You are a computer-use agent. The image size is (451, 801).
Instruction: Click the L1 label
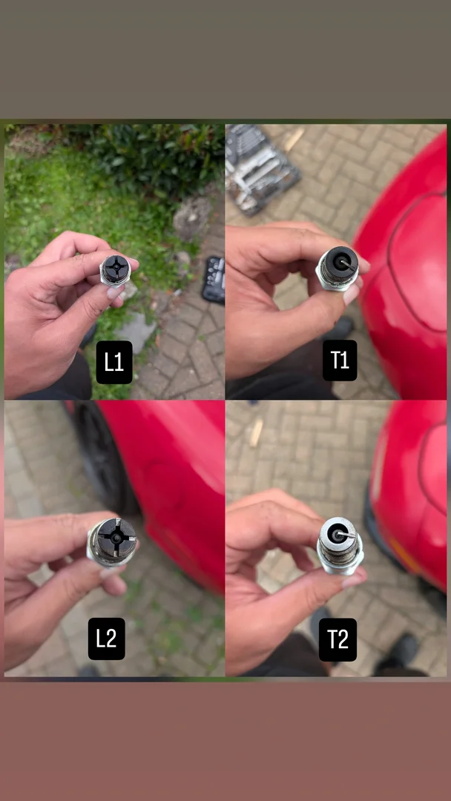pos(114,362)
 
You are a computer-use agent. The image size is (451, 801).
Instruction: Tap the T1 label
pos(340,360)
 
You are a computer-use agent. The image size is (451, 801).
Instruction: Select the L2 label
pos(106,639)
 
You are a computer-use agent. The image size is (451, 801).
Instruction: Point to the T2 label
pos(338,639)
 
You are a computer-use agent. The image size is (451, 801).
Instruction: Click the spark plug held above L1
pos(115,270)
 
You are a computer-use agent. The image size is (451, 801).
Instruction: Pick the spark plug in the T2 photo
pos(340,546)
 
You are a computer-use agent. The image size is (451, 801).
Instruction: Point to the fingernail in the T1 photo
pos(352,294)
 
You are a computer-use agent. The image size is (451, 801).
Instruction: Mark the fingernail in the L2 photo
pos(110,572)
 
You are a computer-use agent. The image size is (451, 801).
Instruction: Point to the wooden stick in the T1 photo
pos(294,139)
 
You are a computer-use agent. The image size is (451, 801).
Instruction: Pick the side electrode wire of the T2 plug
pos(345,534)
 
